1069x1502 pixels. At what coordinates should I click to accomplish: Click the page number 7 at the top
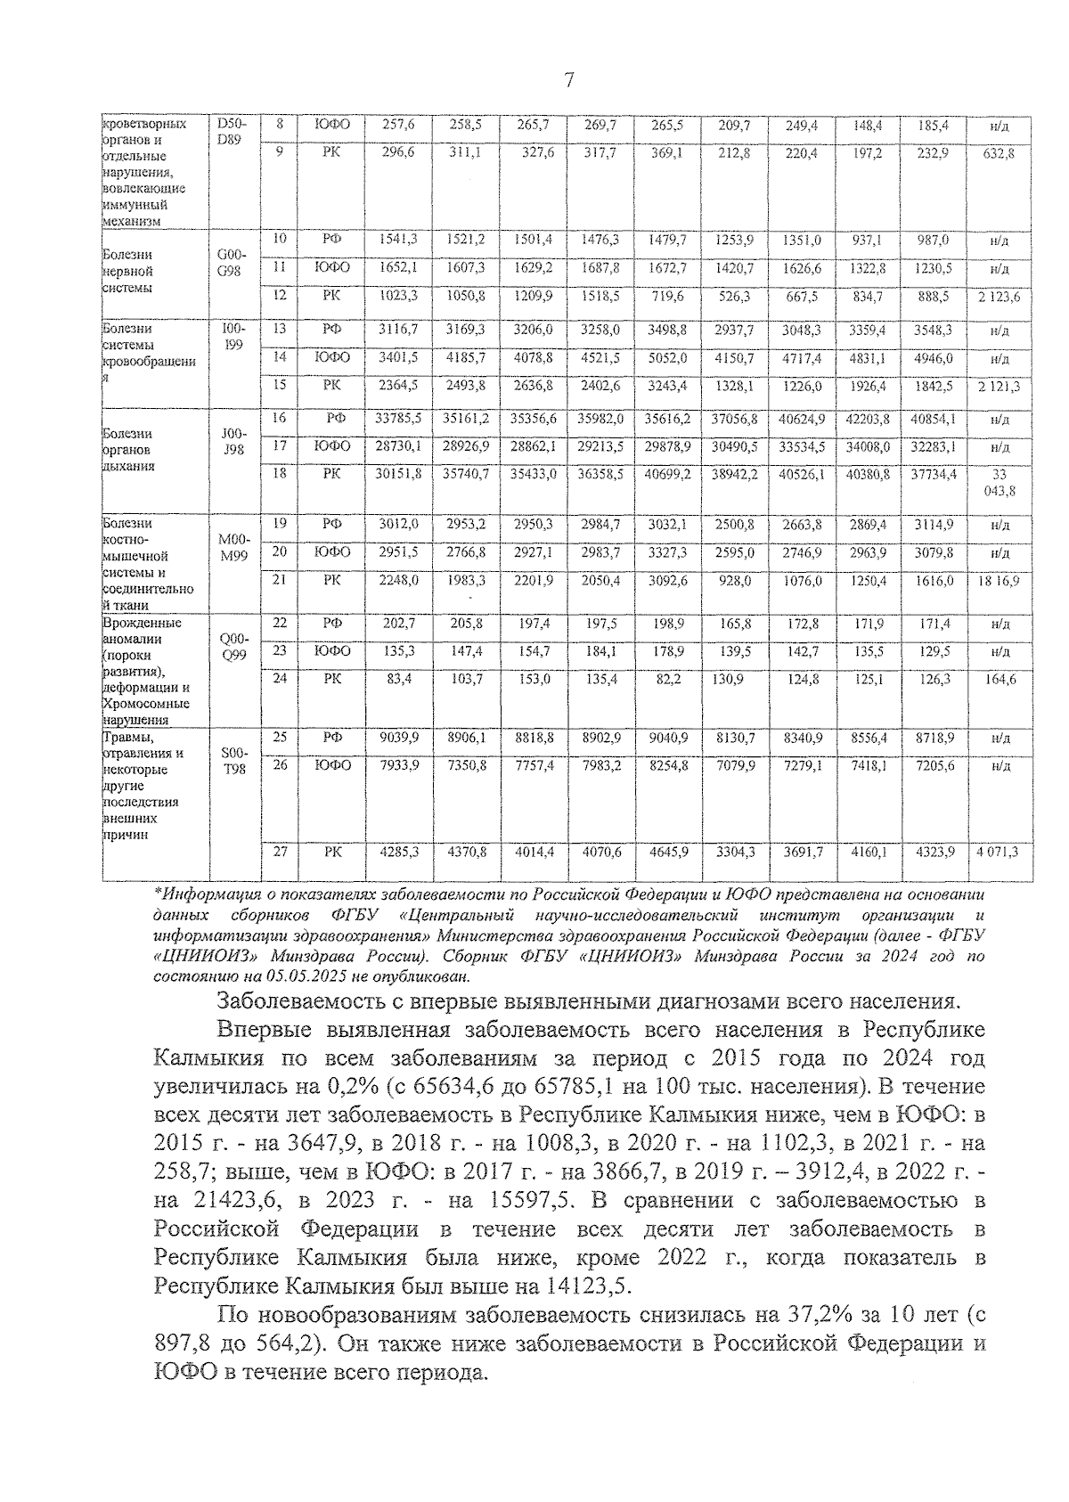click(568, 82)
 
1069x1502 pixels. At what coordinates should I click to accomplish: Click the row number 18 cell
click(280, 474)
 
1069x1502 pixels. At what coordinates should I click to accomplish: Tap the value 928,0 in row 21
click(735, 581)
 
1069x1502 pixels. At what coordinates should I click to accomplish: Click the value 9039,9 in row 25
click(398, 738)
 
